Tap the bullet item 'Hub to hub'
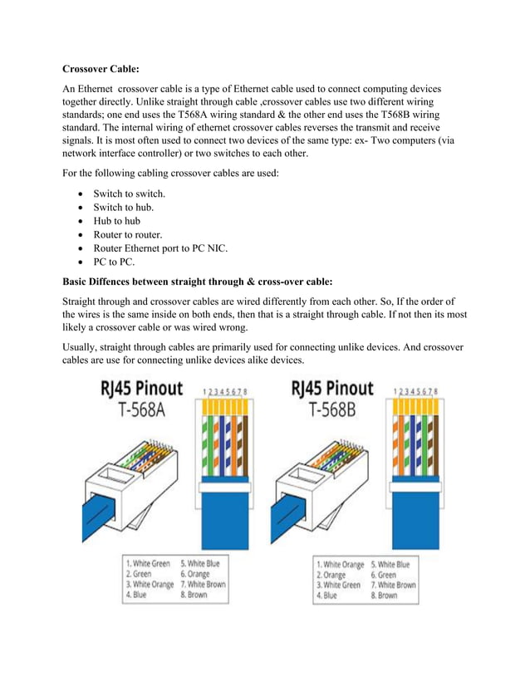(116, 221)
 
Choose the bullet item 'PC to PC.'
(113, 262)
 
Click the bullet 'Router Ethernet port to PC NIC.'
(159, 248)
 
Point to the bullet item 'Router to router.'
(127, 234)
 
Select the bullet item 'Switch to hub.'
(122, 208)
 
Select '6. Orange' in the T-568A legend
(195, 573)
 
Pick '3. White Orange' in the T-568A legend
(150, 584)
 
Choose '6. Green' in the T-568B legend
(383, 574)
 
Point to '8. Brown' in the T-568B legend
(384, 595)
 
